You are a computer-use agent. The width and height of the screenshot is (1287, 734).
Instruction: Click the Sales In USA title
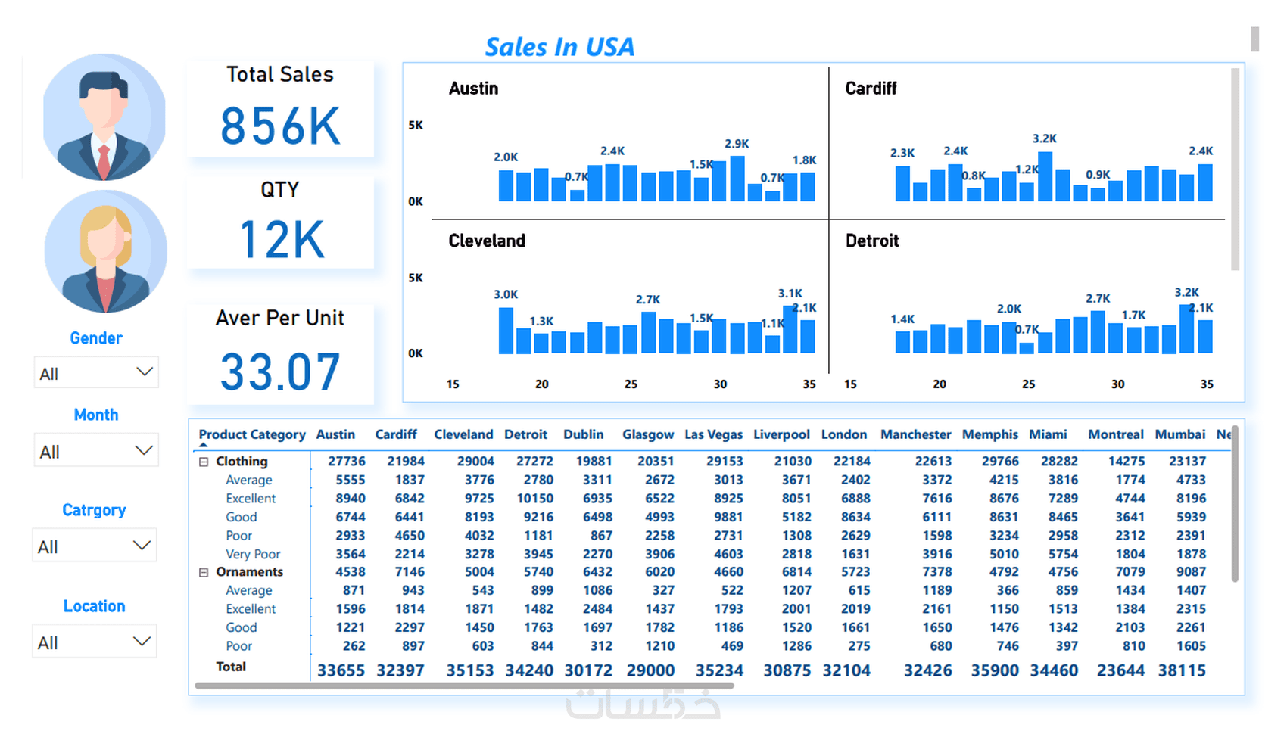click(x=559, y=47)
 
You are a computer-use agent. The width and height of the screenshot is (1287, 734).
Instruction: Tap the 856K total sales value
click(x=280, y=126)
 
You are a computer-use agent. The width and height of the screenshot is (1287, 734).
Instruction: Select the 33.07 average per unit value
click(x=280, y=372)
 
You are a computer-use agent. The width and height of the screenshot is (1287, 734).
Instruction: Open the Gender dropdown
click(x=96, y=373)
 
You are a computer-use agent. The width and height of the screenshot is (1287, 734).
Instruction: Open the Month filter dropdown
click(x=96, y=451)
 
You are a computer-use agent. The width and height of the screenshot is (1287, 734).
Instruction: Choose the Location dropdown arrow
click(x=142, y=642)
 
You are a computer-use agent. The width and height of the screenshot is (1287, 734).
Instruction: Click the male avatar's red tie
click(x=104, y=158)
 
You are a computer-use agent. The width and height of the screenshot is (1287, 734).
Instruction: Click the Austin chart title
click(x=473, y=89)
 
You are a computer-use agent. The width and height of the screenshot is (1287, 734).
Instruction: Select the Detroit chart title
click(x=871, y=241)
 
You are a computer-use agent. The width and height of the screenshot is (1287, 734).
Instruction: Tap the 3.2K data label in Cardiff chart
click(x=1044, y=138)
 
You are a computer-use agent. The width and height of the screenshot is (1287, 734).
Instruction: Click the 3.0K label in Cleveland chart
click(x=506, y=294)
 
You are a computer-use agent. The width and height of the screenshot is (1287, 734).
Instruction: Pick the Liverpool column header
click(x=781, y=434)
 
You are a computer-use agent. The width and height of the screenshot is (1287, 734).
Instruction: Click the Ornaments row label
click(x=249, y=572)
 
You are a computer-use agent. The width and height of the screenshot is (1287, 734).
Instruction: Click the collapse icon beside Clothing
click(x=204, y=462)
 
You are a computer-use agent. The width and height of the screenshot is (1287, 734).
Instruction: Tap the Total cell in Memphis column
click(x=994, y=670)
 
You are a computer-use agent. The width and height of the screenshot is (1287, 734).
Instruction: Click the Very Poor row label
click(x=253, y=554)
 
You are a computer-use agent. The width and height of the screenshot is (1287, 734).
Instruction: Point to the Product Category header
click(x=251, y=434)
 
